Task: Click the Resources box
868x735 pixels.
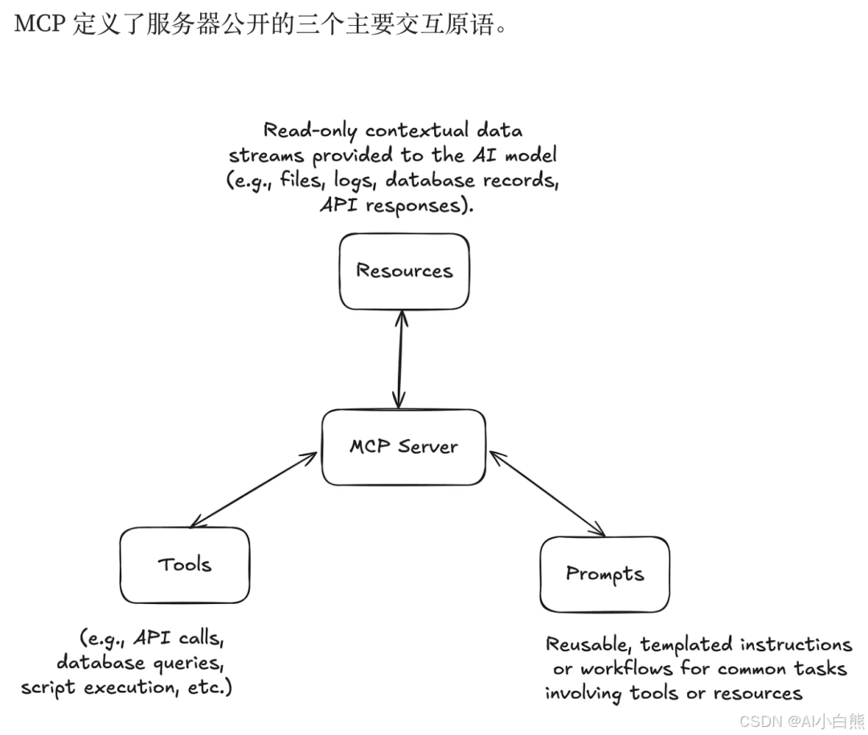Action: pos(403,271)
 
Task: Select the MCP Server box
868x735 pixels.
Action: pos(403,447)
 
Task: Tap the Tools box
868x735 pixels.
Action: pos(185,565)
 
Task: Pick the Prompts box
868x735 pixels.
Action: pos(604,574)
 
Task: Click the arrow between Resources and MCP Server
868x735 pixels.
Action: pos(399,359)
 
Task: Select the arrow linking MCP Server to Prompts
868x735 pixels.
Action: pos(547,494)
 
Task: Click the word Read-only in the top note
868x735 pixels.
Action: pos(309,130)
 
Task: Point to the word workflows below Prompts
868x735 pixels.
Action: pos(626,669)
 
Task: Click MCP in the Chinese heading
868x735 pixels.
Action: pos(39,25)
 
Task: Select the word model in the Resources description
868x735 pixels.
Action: pos(526,155)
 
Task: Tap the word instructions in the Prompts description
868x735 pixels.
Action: pos(796,644)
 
